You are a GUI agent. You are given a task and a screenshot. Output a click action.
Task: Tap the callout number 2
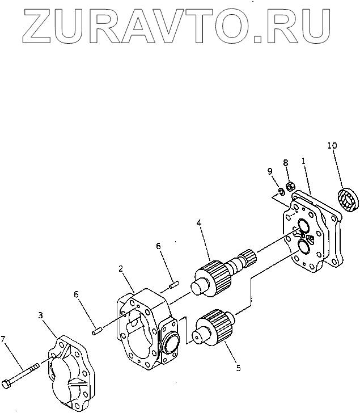pyautogui.click(x=121, y=268)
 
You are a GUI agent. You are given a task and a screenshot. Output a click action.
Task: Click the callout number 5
pyautogui.click(x=238, y=368)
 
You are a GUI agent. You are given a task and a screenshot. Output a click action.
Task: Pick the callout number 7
pyautogui.click(x=4, y=339)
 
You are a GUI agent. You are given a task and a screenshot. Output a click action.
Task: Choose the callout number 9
pyautogui.click(x=270, y=171)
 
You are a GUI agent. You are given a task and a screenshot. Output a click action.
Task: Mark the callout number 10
pyautogui.click(x=332, y=145)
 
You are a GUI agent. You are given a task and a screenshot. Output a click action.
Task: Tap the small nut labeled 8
pyautogui.click(x=290, y=185)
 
